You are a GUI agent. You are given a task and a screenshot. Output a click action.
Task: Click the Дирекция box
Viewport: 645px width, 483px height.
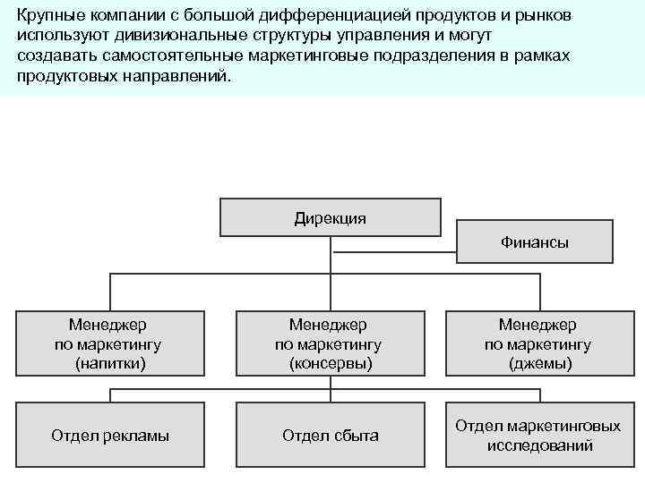[330, 217]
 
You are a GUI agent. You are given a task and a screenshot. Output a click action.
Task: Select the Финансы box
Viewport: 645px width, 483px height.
[535, 241]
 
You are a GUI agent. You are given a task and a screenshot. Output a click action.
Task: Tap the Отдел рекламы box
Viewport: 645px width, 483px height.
[110, 436]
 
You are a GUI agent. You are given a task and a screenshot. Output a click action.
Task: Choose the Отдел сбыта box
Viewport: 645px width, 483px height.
[330, 436]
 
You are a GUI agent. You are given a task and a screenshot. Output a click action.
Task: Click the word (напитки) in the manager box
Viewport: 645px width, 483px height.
[110, 364]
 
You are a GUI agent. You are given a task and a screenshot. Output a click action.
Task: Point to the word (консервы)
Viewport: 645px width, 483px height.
[330, 364]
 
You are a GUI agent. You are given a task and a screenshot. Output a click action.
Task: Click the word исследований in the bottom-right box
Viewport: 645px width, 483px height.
[539, 445]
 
